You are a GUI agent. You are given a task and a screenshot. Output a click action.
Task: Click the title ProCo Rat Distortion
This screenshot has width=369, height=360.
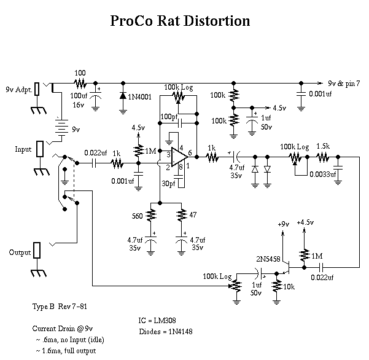point(180,20)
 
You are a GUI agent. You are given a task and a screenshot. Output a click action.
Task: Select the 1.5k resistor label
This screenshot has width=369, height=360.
point(324,146)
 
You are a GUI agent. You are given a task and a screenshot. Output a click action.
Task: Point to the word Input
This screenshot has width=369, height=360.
point(24,149)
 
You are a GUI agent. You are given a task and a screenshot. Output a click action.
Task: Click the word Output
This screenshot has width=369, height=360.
point(20,252)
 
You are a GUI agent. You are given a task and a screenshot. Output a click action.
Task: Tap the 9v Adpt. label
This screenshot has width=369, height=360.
point(18,88)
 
